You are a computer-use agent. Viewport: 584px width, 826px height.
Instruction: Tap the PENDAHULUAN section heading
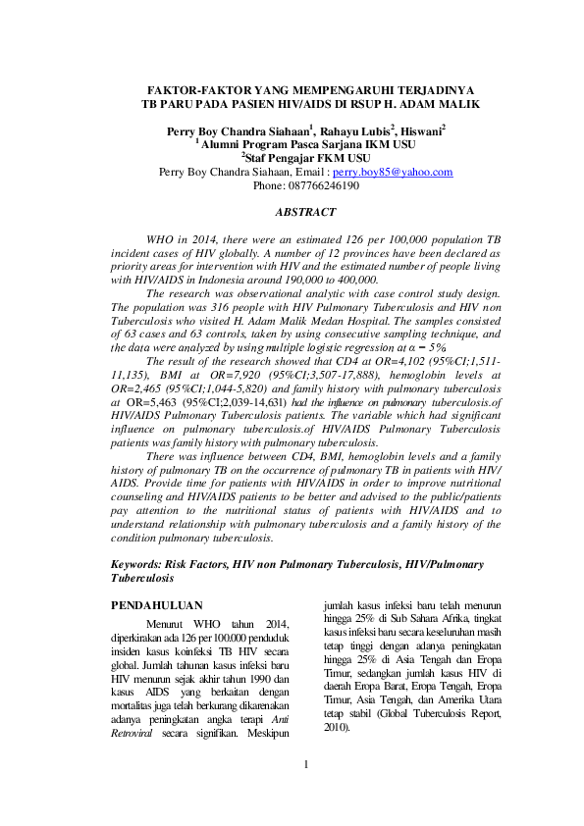coord(157,606)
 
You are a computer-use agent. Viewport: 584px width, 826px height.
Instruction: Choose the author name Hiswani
coord(420,129)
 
